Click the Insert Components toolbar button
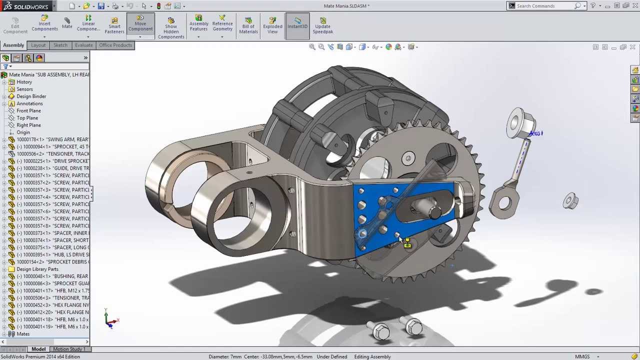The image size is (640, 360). point(44,23)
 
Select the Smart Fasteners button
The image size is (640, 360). point(114,25)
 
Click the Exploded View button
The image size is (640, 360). point(272,25)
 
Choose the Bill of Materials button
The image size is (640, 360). point(248,25)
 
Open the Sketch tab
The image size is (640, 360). point(60,45)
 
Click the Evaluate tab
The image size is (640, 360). point(83,45)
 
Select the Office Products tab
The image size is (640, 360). point(115,45)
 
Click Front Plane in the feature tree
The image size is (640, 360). point(28,110)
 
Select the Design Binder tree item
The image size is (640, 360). point(31,96)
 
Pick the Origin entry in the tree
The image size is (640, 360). point(23,132)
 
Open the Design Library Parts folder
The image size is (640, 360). point(37,269)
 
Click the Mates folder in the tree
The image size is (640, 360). point(23,334)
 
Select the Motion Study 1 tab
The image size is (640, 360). point(68,349)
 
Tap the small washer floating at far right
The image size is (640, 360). point(570,201)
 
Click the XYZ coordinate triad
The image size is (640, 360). point(109,319)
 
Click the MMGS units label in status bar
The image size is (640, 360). point(582,356)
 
